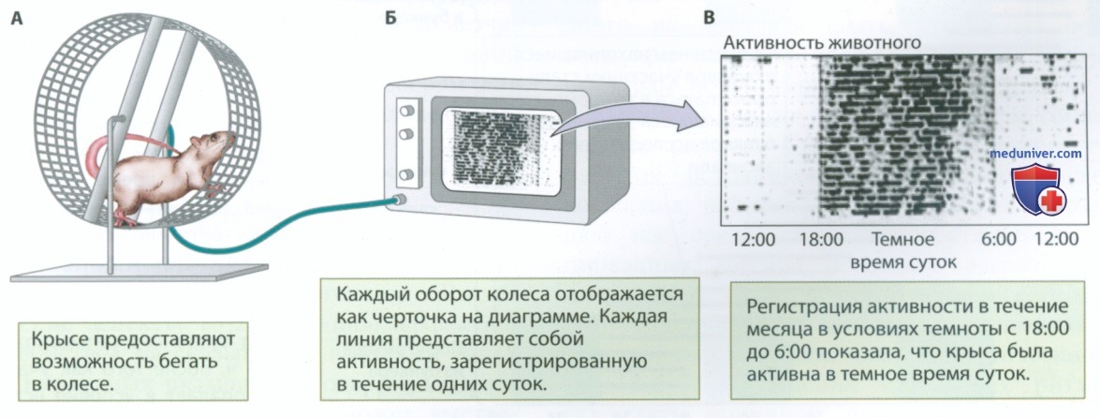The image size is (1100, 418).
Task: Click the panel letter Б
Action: [x=390, y=20]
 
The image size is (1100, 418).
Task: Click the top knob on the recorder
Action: [x=404, y=111]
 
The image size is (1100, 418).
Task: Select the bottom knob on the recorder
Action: [x=405, y=175]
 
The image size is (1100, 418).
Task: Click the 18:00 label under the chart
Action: [x=822, y=240]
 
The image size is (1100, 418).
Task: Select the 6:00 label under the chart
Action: [x=999, y=240]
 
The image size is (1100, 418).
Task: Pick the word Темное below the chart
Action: [x=902, y=240]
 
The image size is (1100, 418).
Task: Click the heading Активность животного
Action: [x=822, y=43]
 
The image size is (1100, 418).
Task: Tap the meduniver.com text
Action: [x=1034, y=154]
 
